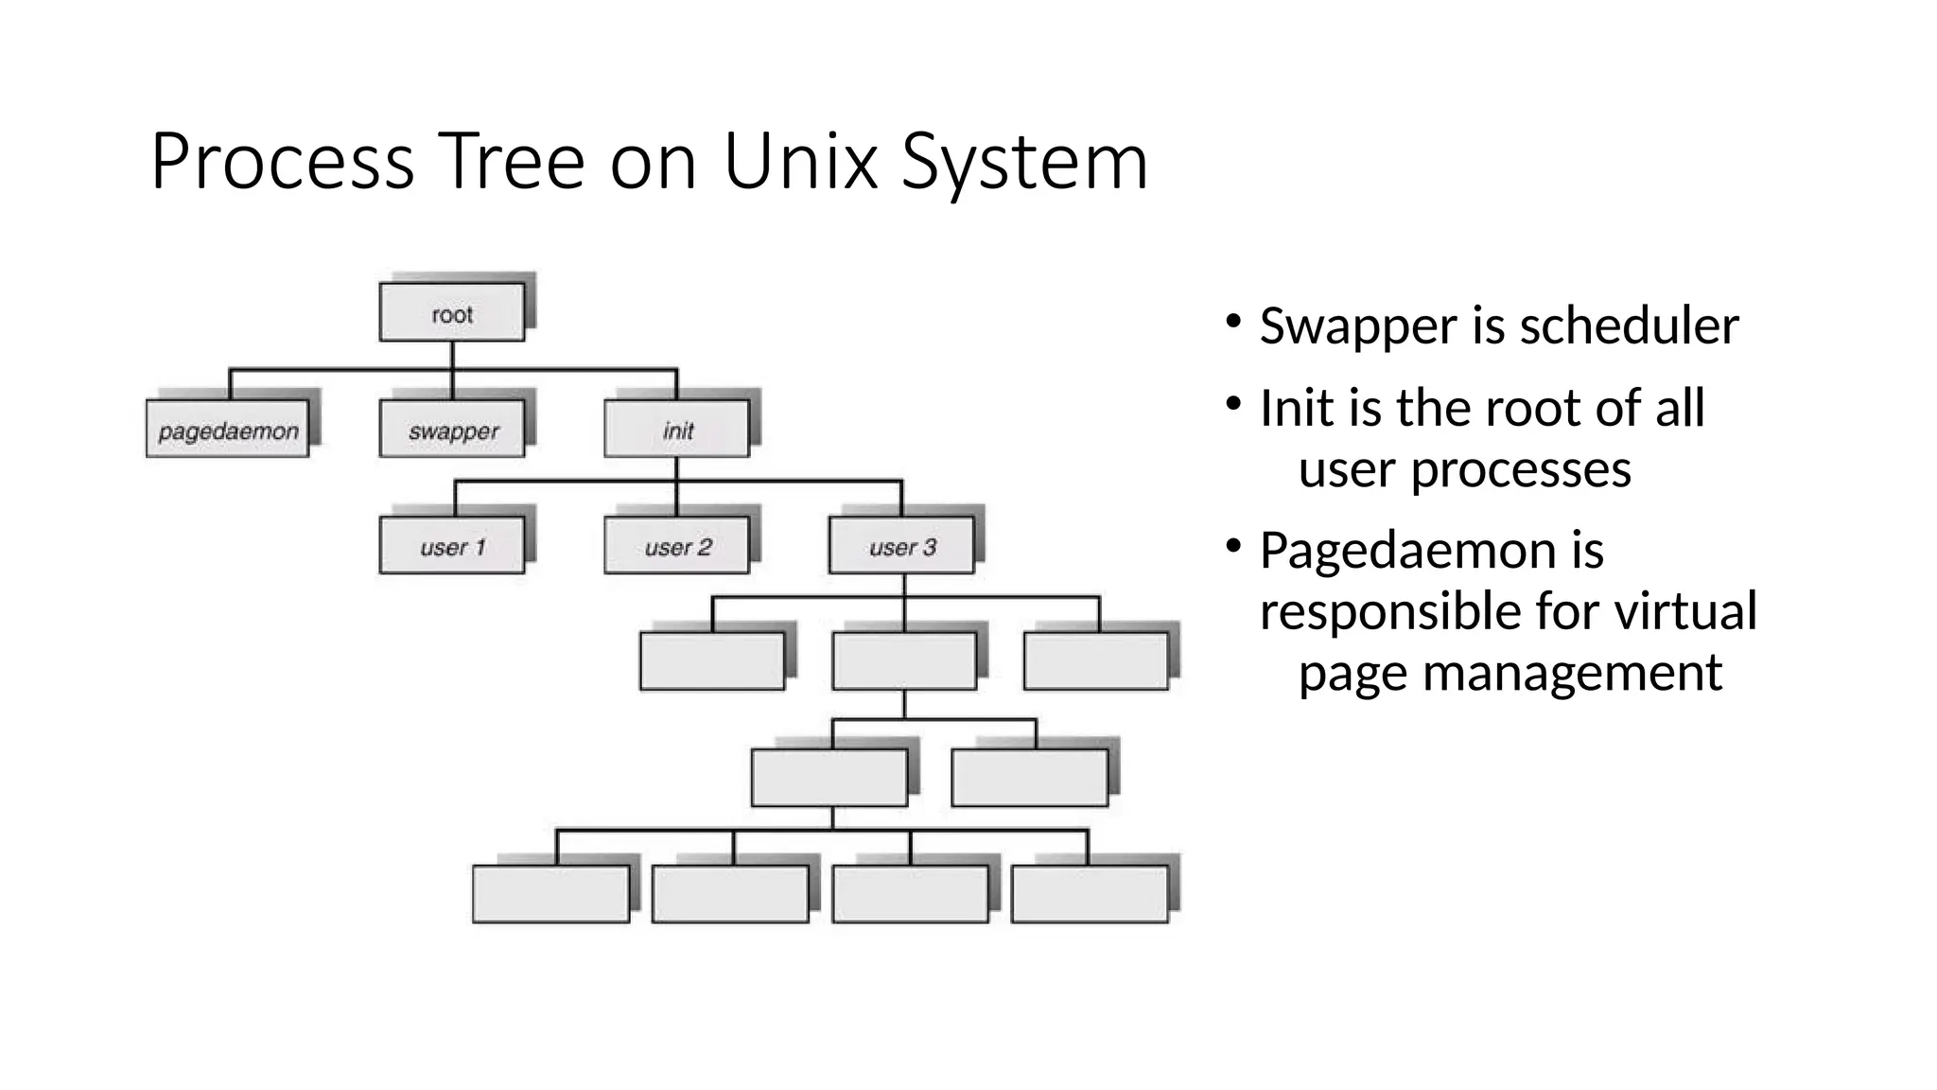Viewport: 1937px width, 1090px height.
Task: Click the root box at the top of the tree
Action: (452, 313)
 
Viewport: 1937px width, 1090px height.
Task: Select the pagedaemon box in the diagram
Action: (228, 431)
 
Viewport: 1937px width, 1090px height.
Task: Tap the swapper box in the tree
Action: (452, 431)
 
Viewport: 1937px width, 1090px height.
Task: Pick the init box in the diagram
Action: (677, 431)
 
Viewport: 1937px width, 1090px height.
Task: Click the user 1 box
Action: (452, 547)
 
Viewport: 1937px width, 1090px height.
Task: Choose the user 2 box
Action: (677, 547)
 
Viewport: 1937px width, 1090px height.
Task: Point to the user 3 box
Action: (902, 547)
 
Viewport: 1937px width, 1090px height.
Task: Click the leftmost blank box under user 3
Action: (712, 661)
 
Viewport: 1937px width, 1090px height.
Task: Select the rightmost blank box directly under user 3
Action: (1096, 661)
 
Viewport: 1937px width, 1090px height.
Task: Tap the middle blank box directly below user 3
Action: (904, 661)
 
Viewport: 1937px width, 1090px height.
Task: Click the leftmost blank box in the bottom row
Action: (551, 894)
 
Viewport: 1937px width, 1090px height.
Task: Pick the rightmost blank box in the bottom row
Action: (1090, 894)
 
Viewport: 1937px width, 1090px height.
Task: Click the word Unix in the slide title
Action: (800, 162)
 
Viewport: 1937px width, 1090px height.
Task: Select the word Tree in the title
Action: (511, 162)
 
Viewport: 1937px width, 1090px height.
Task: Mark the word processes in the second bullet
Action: (1521, 470)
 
